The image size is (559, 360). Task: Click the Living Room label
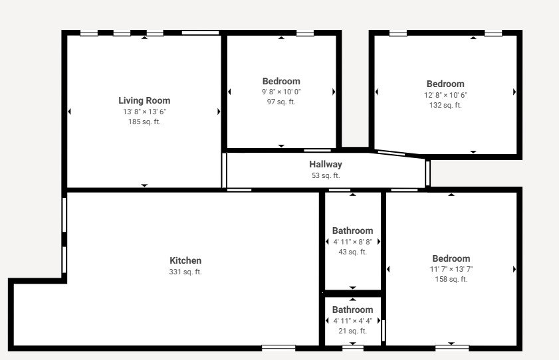coord(144,100)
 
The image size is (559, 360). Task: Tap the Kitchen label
coord(185,260)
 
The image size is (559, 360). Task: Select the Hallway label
coord(326,164)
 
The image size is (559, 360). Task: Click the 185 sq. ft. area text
coord(144,122)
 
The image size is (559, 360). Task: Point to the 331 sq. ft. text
coord(185,272)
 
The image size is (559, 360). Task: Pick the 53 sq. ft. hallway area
coord(326,175)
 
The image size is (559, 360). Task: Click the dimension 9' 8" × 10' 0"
coord(281,92)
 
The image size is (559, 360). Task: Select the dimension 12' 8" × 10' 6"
coord(445,95)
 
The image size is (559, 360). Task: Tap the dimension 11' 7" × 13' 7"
coord(451,269)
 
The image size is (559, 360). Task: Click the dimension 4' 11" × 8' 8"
coord(352,242)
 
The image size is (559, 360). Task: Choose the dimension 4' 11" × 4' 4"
coord(352,321)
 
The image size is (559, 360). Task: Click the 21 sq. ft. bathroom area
coord(352,331)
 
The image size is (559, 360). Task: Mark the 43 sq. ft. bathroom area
coord(352,252)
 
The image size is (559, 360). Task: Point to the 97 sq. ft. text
coord(281,102)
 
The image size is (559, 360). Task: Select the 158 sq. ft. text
coord(451,279)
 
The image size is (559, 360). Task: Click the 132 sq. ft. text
coord(445,105)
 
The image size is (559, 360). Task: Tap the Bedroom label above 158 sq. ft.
coord(451,258)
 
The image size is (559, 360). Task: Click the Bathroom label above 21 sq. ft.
coord(352,310)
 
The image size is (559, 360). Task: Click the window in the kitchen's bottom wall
coord(279,348)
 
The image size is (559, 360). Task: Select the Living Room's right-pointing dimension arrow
coord(219,112)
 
